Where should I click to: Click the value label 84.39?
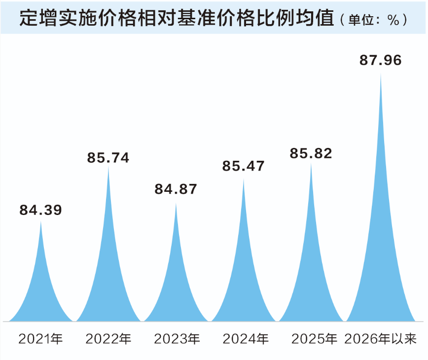pyautogui.click(x=40, y=210)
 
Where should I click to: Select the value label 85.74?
pyautogui.click(x=108, y=157)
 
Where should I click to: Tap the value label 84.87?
pyautogui.click(x=176, y=189)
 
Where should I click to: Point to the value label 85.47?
pyautogui.click(x=243, y=166)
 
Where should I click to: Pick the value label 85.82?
pyautogui.click(x=311, y=153)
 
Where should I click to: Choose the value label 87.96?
pyautogui.click(x=380, y=60)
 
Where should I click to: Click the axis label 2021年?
pyautogui.click(x=40, y=339)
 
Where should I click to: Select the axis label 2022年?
pyautogui.click(x=108, y=339)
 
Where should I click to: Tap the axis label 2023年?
pyautogui.click(x=176, y=339)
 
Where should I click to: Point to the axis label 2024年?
pyautogui.click(x=244, y=339)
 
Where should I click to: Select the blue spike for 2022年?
pyautogui.click(x=108, y=276)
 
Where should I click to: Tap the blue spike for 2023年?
pyautogui.click(x=176, y=286)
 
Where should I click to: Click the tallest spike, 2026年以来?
pyautogui.click(x=380, y=247)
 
